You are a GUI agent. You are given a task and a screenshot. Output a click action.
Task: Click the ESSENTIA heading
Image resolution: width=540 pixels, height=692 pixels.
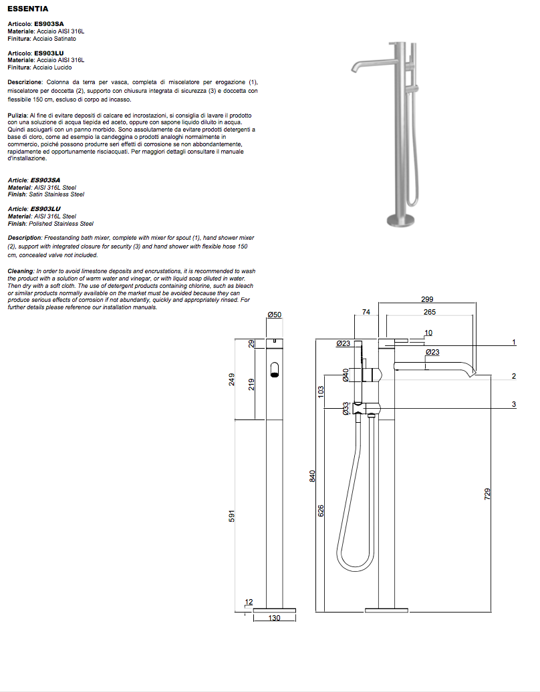(x=27, y=9)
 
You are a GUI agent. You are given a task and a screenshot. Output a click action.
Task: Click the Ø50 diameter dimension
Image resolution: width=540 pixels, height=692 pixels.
(x=274, y=314)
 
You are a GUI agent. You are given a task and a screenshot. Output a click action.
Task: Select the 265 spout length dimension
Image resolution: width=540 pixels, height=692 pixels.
(x=430, y=312)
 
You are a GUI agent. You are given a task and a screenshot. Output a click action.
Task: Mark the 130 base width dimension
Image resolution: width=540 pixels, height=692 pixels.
(x=274, y=619)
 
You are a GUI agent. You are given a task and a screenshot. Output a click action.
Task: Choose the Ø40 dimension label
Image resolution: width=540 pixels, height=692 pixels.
(x=346, y=375)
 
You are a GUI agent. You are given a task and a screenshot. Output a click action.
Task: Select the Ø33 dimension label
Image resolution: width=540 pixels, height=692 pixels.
(x=346, y=408)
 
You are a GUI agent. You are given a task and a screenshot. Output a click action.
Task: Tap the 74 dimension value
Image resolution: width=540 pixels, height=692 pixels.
(x=366, y=312)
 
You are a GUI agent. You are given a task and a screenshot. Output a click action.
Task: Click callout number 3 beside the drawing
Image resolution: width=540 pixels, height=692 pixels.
(x=514, y=404)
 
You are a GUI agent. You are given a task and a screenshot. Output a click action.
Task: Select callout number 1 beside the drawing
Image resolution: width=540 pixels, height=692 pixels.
(x=514, y=342)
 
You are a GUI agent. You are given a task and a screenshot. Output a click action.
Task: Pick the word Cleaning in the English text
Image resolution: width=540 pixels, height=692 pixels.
(x=21, y=271)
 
